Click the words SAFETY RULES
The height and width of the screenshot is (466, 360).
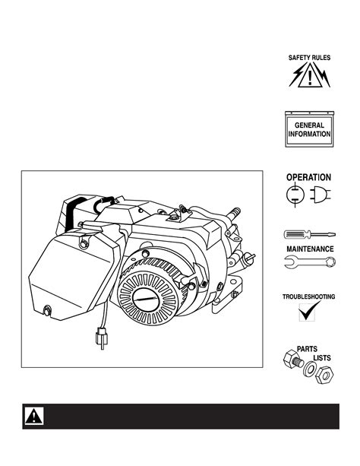tap(309, 58)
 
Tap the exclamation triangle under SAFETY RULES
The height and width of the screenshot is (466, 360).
tap(310, 78)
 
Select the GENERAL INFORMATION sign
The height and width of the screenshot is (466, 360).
tap(310, 129)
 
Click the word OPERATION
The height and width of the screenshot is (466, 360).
tap(308, 177)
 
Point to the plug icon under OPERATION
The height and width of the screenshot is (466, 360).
tap(321, 195)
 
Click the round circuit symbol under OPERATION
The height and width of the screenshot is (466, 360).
tap(295, 195)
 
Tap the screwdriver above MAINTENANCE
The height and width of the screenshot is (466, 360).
tap(310, 235)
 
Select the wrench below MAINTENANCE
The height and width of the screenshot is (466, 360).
tap(310, 262)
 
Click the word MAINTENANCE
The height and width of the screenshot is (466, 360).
tap(310, 249)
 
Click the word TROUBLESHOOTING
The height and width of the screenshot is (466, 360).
tap(308, 296)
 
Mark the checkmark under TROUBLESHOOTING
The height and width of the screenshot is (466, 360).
tap(309, 311)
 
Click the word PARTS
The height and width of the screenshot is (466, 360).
tap(307, 349)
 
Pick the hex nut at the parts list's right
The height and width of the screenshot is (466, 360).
tap(324, 375)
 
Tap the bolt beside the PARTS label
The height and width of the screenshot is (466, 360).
tap(293, 360)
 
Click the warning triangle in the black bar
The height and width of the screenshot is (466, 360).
tap(33, 416)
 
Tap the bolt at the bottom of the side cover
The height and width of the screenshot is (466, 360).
tap(47, 311)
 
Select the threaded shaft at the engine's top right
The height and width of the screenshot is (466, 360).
tap(234, 213)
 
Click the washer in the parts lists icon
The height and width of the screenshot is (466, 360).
tap(310, 369)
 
